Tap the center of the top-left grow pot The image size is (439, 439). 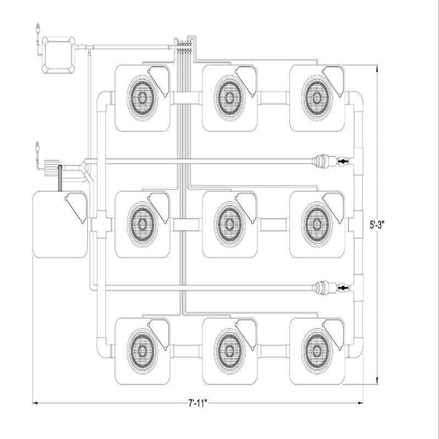coord(143,98)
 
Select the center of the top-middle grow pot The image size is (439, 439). coord(230,98)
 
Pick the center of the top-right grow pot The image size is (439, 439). coord(316,98)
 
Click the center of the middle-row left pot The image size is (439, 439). coord(143,223)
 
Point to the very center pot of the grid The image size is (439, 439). coord(230,223)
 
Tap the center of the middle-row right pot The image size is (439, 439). coord(316,223)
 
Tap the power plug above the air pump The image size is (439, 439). coord(40,29)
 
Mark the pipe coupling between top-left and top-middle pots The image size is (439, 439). coord(186,98)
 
